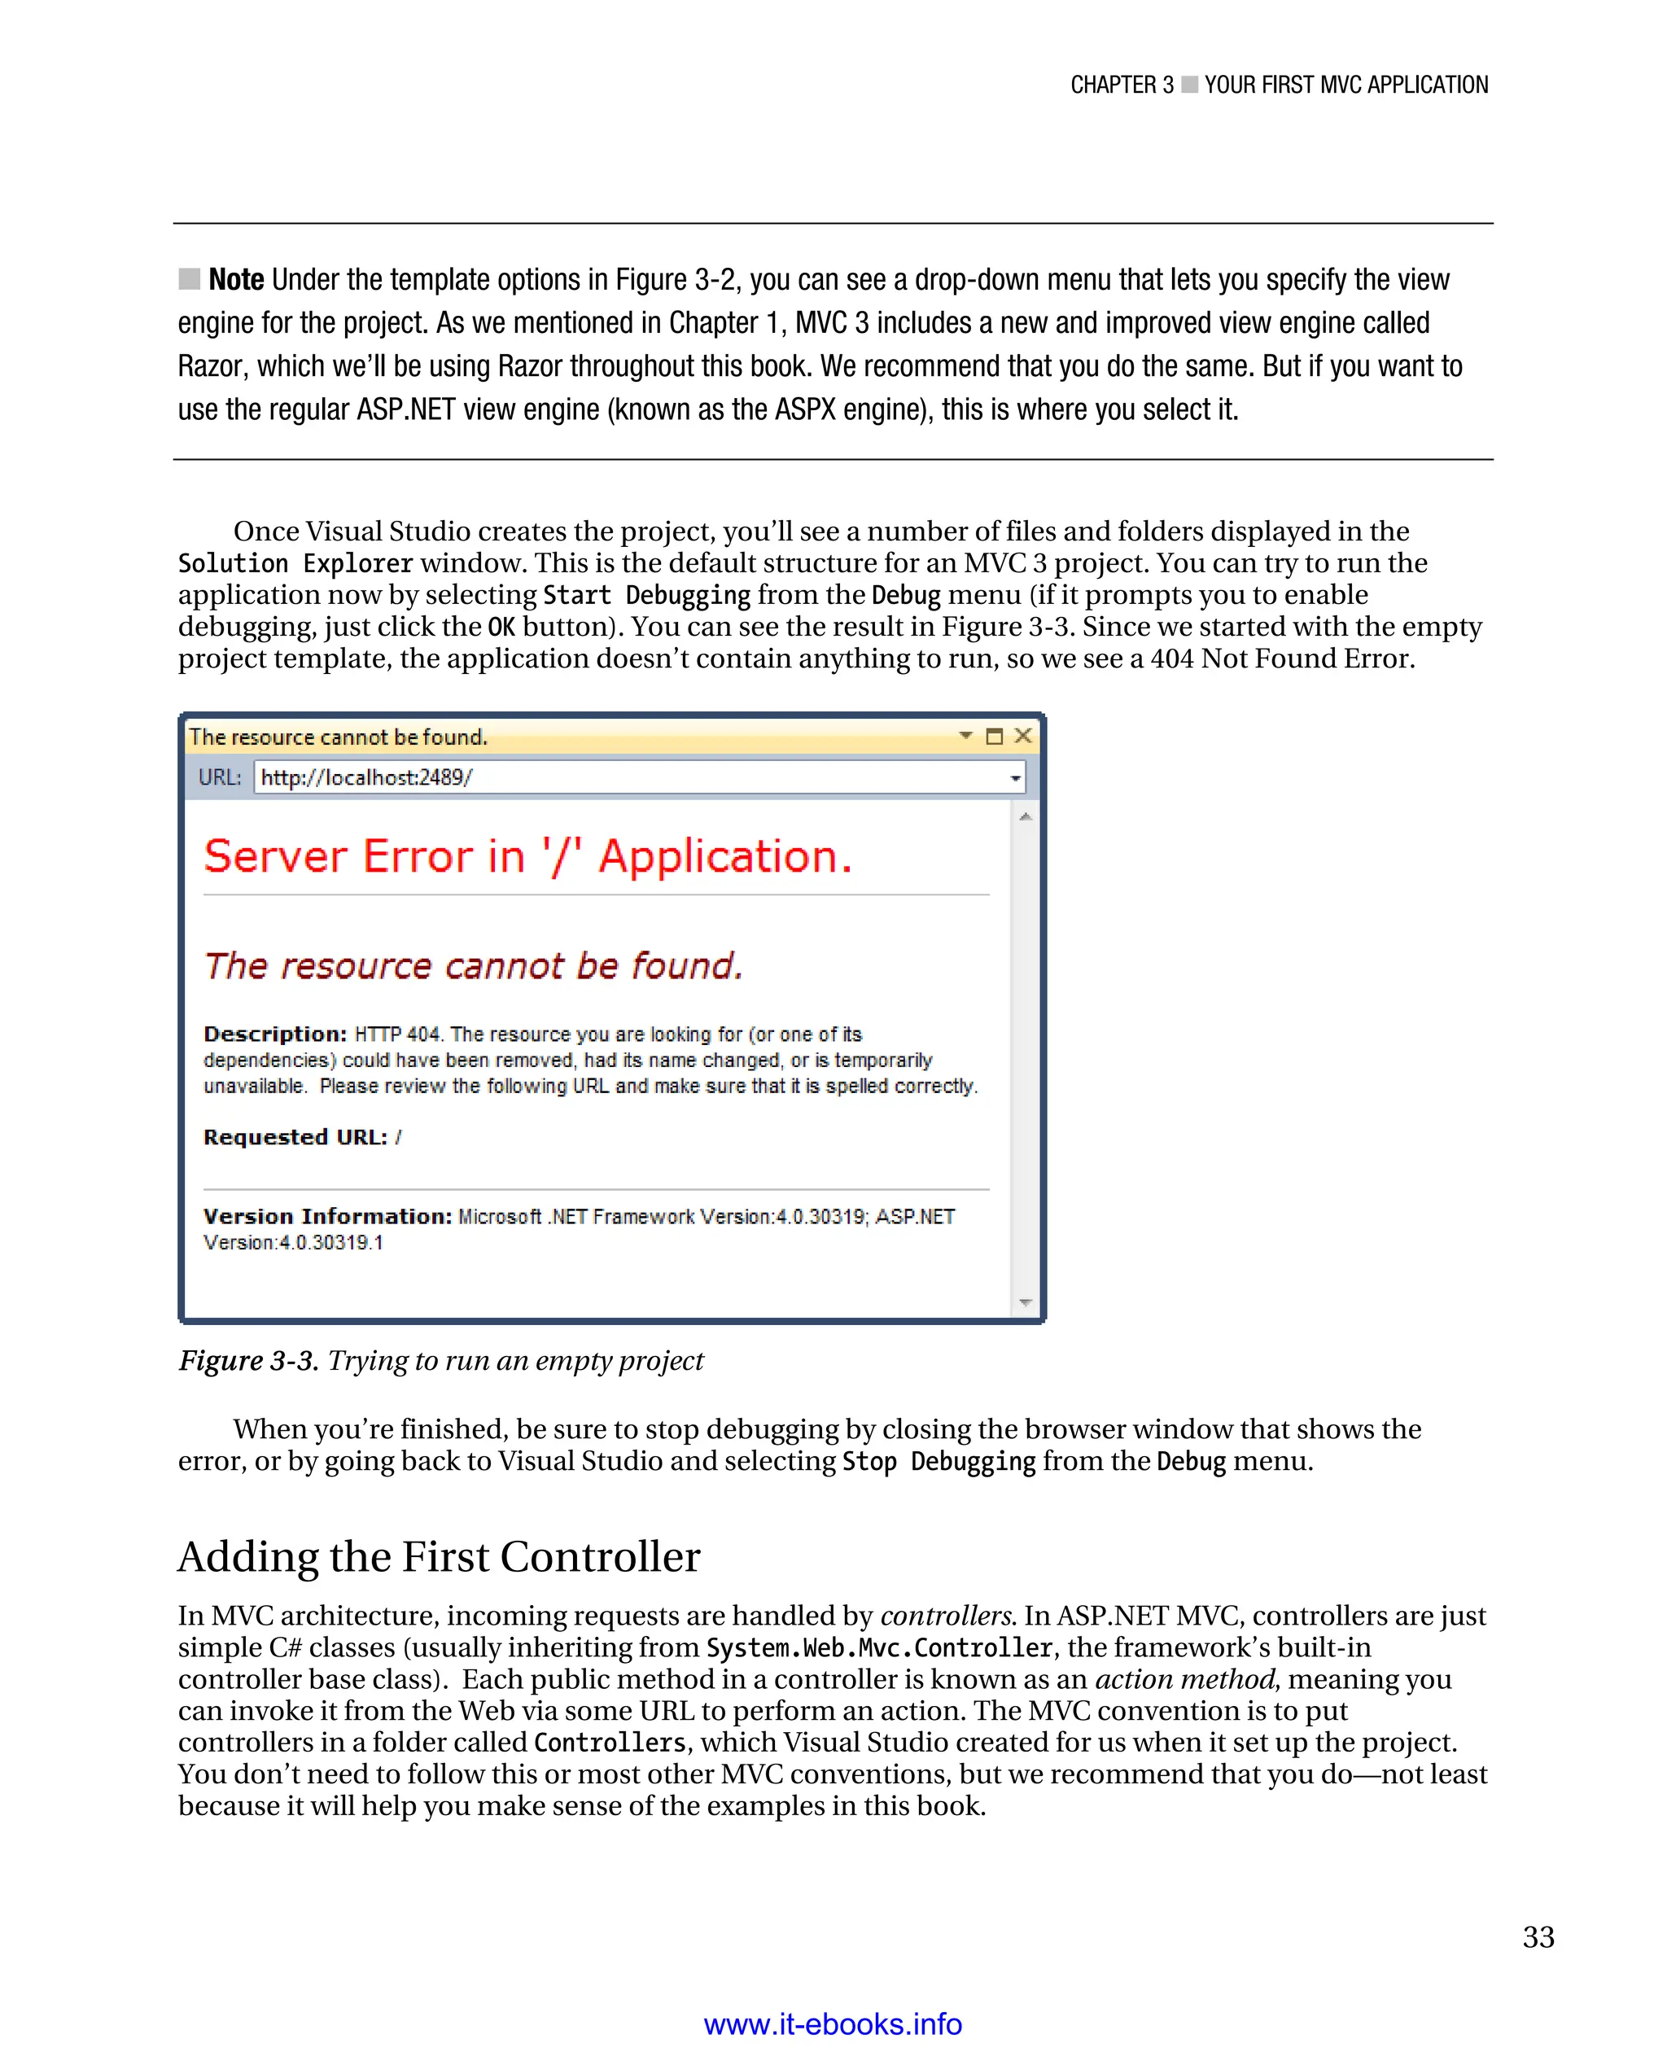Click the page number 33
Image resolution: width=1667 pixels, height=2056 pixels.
coord(1538,1937)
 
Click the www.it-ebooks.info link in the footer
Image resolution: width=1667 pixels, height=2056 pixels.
coord(833,2023)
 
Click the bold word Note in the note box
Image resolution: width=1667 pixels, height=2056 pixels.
coord(236,279)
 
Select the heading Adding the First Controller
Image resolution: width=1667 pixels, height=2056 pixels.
coord(439,1555)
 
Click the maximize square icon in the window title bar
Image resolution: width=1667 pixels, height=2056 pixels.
coord(995,737)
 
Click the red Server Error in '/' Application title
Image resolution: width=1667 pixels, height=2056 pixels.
coord(528,855)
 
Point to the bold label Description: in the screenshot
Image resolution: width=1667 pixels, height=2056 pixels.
coord(274,1035)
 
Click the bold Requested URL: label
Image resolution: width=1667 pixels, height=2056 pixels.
coord(295,1137)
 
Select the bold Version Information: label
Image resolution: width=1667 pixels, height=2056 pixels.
coord(327,1217)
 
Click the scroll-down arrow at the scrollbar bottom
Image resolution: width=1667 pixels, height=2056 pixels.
coord(1026,1302)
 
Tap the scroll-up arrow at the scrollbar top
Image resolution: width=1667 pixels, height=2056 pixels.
coord(1026,816)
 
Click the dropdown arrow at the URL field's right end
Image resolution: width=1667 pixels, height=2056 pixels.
coord(1015,778)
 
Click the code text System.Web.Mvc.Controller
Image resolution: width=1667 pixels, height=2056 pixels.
coord(880,1648)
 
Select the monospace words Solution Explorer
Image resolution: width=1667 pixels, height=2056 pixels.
coord(295,564)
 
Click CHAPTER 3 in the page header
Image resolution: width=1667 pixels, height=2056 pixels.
coord(1122,85)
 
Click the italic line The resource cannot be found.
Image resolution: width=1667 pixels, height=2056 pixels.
coord(474,965)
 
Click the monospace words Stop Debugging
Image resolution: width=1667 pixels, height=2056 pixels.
coord(939,1462)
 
